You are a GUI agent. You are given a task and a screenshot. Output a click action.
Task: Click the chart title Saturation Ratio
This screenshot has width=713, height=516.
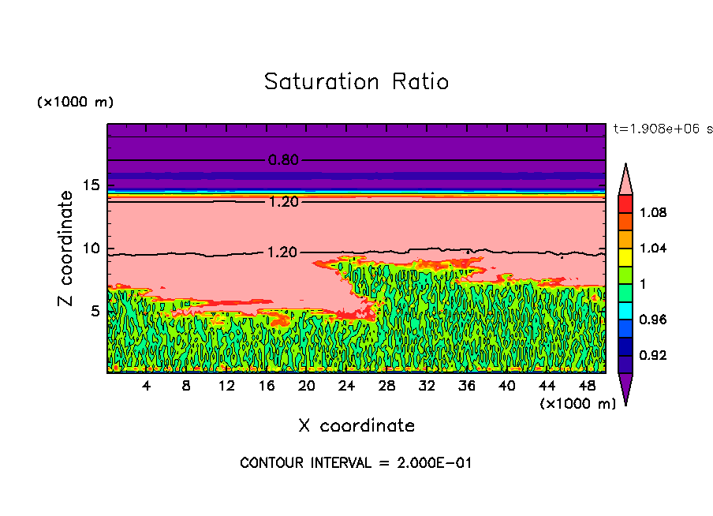(x=356, y=82)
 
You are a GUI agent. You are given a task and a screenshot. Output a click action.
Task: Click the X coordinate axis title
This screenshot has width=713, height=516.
(x=356, y=426)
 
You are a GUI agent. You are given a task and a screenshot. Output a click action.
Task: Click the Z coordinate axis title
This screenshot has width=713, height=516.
(x=66, y=249)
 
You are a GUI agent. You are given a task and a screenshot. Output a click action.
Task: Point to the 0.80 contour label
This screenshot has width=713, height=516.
(x=283, y=160)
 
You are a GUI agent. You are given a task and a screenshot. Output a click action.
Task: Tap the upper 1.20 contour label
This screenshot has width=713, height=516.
(x=283, y=202)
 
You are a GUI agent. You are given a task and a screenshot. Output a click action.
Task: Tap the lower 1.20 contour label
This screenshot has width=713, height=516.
(x=283, y=252)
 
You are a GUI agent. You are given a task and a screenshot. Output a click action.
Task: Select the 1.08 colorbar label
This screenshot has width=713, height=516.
(x=653, y=212)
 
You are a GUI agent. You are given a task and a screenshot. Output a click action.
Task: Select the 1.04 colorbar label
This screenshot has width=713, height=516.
(x=653, y=249)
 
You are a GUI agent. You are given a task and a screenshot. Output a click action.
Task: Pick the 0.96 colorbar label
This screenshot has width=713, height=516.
(x=653, y=320)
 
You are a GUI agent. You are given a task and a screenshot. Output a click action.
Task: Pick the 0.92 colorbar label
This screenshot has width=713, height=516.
(x=653, y=356)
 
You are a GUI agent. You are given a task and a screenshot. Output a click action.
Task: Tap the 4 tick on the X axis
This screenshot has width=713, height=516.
(x=147, y=386)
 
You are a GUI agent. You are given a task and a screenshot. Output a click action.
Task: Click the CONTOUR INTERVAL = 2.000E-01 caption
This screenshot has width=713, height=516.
(x=356, y=463)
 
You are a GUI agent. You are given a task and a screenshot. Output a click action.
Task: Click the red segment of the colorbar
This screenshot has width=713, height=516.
(x=625, y=204)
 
